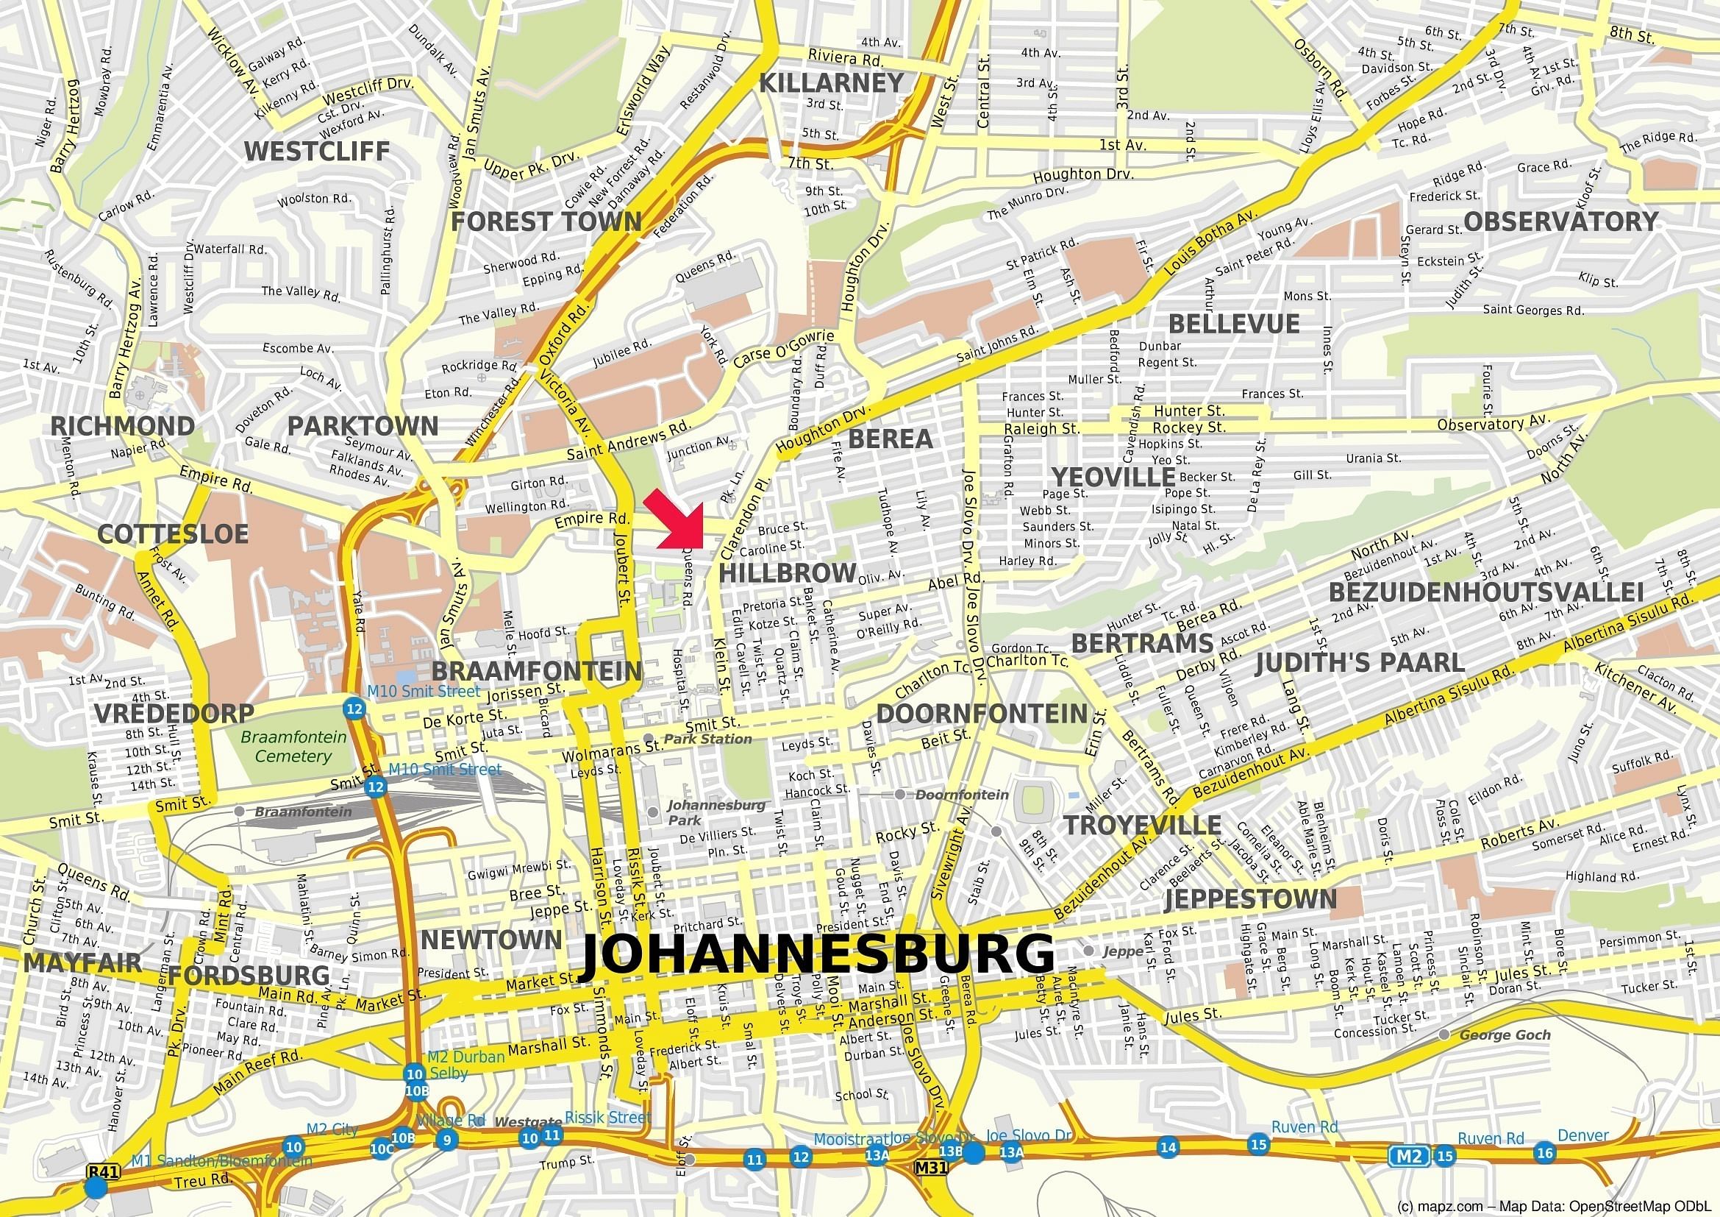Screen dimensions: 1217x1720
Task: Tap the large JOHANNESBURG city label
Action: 816,957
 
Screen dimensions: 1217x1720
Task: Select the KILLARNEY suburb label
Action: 832,83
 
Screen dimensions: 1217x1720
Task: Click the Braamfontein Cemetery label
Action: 293,746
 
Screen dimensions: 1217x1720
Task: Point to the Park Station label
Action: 707,739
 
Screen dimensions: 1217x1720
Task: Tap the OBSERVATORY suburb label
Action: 1560,221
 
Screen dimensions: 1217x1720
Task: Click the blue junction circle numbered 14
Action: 1168,1147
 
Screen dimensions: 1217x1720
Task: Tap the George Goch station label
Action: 1505,1035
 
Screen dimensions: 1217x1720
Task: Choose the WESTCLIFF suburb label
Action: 316,152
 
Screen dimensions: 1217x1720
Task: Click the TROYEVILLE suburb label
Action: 1143,826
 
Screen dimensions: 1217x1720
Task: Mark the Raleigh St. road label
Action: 1041,429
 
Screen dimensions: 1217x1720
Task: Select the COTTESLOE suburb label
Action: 172,533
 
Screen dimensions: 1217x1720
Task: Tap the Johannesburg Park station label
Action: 716,812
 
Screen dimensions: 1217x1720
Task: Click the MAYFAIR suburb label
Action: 82,963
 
